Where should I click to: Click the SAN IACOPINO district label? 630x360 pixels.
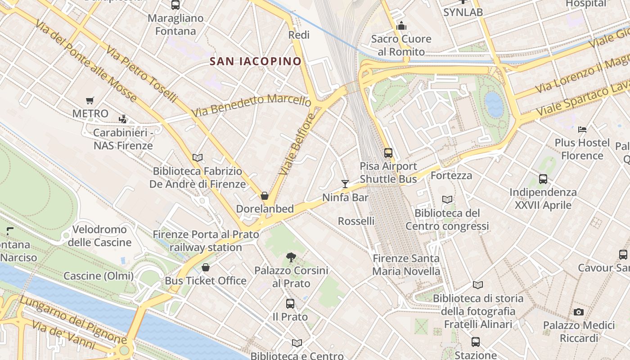pyautogui.click(x=256, y=62)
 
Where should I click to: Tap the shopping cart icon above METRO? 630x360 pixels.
pyautogui.click(x=90, y=101)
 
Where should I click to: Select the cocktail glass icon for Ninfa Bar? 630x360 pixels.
pyautogui.click(x=345, y=184)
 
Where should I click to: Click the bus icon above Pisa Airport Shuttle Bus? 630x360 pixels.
pyautogui.click(x=388, y=153)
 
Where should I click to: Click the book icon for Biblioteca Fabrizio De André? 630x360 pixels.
pyautogui.click(x=197, y=157)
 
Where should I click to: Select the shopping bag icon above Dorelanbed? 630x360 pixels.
pyautogui.click(x=265, y=196)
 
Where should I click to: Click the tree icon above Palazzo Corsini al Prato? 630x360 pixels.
pyautogui.click(x=291, y=257)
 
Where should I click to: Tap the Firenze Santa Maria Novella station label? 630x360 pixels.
pyautogui.click(x=406, y=265)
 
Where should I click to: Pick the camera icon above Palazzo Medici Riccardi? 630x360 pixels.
pyautogui.click(x=579, y=312)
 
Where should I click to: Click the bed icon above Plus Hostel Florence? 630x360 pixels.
pyautogui.click(x=582, y=130)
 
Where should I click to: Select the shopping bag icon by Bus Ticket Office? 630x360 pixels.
pyautogui.click(x=206, y=267)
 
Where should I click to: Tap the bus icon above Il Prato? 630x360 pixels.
pyautogui.click(x=290, y=304)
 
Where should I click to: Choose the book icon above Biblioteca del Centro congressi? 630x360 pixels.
pyautogui.click(x=447, y=199)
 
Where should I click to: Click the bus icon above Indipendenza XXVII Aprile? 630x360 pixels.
pyautogui.click(x=543, y=179)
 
